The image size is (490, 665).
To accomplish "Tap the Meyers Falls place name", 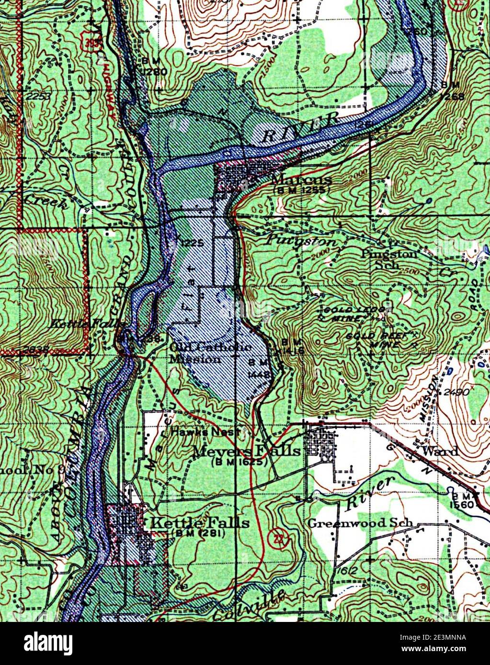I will pyautogui.click(x=246, y=451).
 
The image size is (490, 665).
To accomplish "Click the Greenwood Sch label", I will pyautogui.click(x=360, y=523).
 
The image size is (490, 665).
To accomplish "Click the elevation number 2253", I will pyautogui.click(x=39, y=96).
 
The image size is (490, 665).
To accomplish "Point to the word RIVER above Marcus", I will pyautogui.click(x=301, y=128).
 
